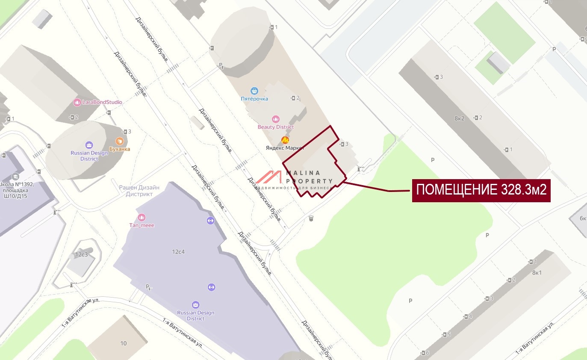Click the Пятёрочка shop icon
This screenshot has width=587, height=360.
255,91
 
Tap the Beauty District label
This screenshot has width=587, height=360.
276,127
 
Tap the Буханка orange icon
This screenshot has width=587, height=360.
120,141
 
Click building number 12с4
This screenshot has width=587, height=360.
178,251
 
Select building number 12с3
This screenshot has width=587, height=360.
81,254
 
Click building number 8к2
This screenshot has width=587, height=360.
459,118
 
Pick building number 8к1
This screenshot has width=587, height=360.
537,272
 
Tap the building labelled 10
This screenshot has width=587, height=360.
124,343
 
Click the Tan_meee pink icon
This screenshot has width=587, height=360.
142,217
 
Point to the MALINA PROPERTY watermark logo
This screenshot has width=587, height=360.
295,180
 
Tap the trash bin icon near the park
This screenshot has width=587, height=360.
311,218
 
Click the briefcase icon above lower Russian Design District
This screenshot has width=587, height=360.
195,304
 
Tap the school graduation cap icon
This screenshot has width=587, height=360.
15,176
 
